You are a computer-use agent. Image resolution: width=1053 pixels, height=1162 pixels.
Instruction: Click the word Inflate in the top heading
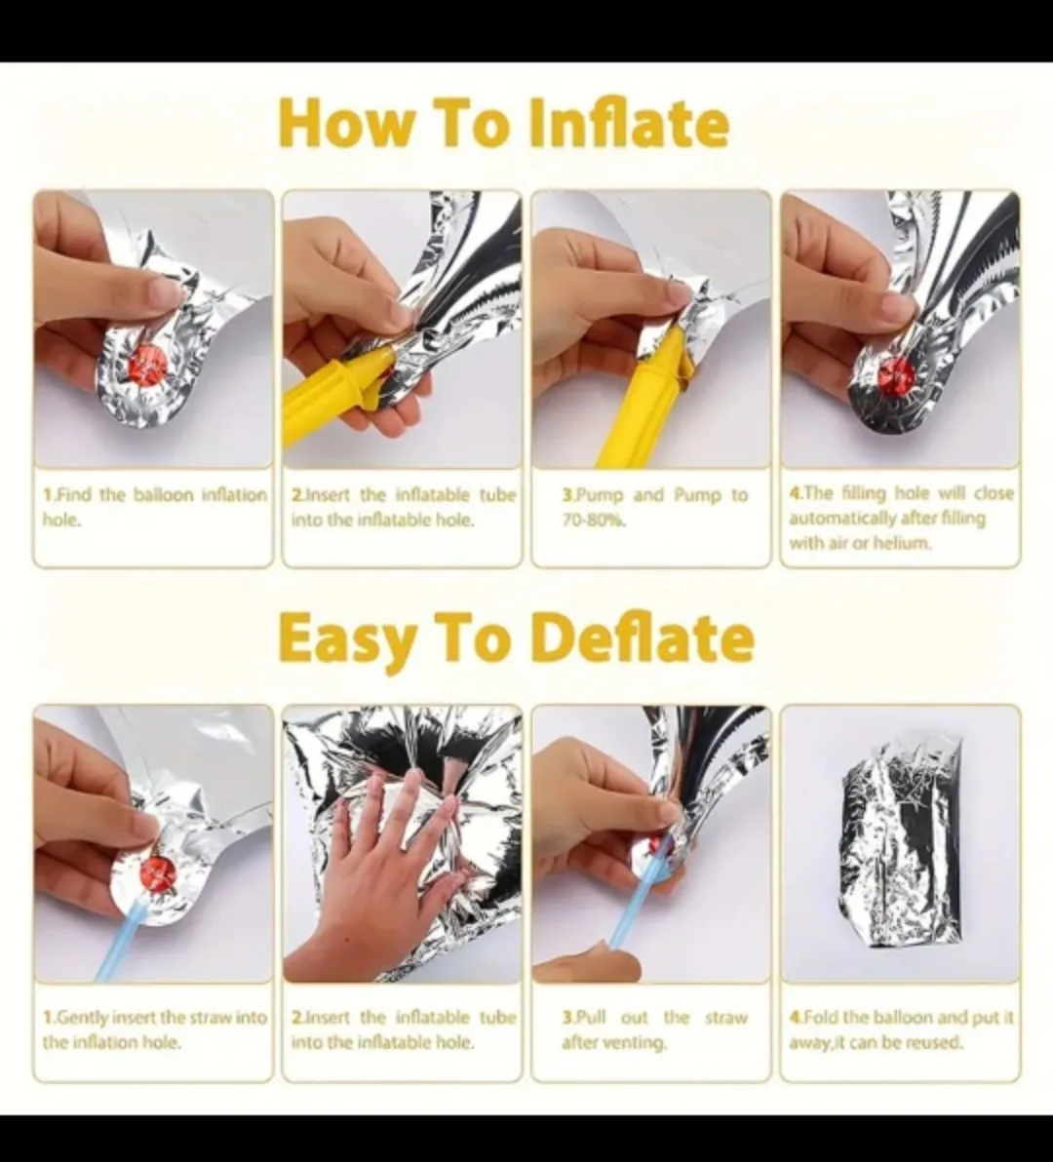click(x=629, y=125)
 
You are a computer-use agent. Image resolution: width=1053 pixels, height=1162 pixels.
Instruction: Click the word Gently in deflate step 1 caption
click(x=85, y=1018)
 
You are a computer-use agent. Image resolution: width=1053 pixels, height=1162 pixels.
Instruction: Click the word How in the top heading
click(x=331, y=125)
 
